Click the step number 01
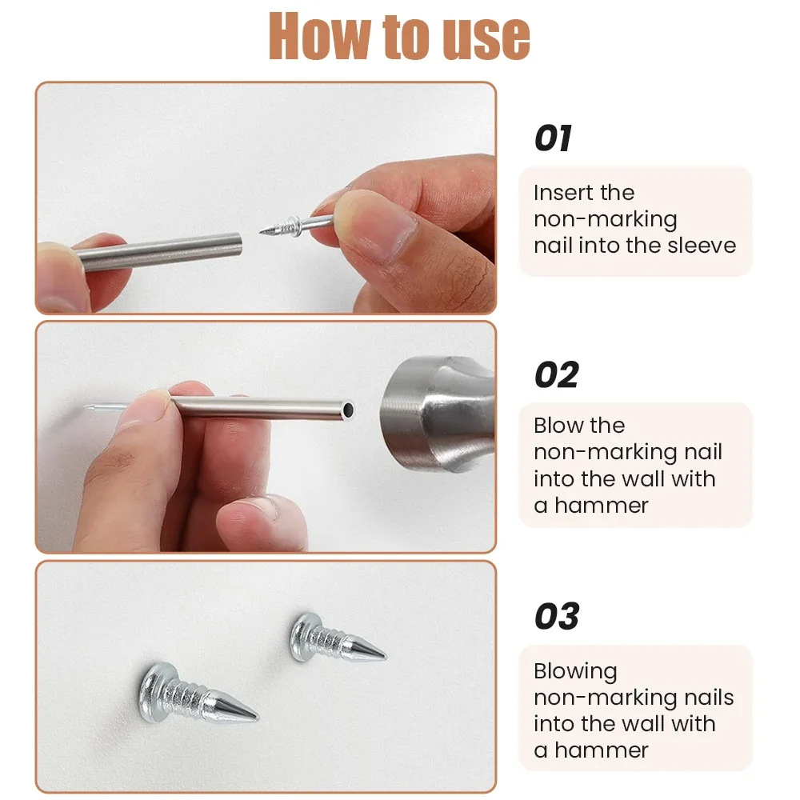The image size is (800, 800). tap(553, 138)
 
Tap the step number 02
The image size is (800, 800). tap(555, 375)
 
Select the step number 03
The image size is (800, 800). tap(556, 617)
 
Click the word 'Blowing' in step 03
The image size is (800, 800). tap(575, 671)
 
